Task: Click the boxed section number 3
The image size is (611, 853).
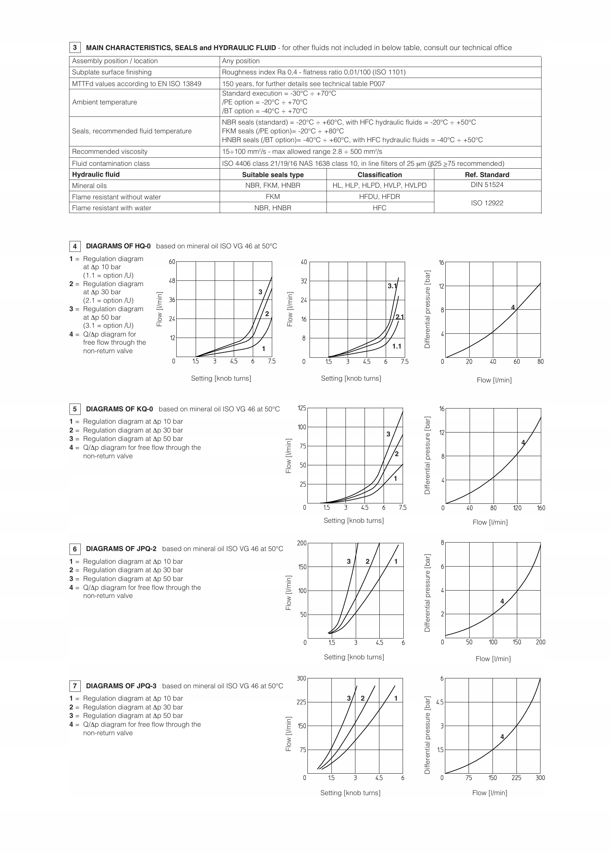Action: (75, 47)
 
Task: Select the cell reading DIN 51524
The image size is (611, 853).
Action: (487, 184)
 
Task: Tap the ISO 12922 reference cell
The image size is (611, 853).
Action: (487, 203)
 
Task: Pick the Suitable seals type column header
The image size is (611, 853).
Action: (273, 175)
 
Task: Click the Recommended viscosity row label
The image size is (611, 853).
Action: (110, 152)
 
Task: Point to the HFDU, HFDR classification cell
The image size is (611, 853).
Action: (379, 196)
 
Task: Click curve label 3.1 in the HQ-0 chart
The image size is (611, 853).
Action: (392, 286)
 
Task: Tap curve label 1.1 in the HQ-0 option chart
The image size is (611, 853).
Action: (397, 346)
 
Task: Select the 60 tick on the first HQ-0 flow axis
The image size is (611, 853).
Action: (172, 262)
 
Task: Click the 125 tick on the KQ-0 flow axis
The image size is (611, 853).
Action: (302, 408)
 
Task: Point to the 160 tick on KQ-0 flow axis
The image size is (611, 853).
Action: (541, 508)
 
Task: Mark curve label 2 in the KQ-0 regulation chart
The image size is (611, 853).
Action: (397, 454)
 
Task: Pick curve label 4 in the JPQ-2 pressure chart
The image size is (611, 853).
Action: (502, 601)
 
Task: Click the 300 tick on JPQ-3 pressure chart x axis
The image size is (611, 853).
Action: (540, 778)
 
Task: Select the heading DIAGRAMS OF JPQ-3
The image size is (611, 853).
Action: (121, 686)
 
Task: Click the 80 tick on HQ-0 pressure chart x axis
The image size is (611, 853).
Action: (540, 362)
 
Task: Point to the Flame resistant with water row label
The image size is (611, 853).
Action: (112, 208)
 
